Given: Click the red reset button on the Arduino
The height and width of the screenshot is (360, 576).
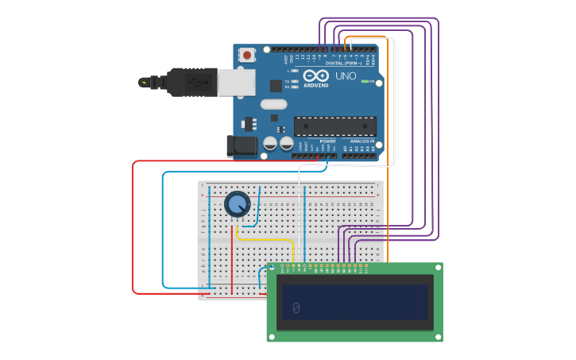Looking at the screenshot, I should [247, 56].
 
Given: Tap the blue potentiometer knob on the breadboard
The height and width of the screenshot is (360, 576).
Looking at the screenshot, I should [237, 203].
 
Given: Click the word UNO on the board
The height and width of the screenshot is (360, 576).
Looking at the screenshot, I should [346, 76].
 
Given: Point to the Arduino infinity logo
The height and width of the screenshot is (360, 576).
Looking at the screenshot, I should [315, 76].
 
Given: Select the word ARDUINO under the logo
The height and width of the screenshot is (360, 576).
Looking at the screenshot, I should [316, 85].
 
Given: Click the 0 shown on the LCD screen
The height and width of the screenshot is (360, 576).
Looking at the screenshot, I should [296, 308].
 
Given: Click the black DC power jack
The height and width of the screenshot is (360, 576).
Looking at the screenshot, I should [242, 145].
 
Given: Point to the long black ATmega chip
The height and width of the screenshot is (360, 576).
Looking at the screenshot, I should [335, 126].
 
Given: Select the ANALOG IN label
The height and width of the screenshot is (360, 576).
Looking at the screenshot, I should [362, 141].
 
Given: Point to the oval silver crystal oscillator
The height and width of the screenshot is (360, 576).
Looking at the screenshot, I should [273, 104].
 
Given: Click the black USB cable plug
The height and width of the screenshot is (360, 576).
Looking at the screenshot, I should [191, 81].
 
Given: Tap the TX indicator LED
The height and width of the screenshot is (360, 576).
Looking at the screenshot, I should [294, 80].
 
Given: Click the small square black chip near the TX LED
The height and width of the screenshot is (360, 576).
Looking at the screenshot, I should [276, 86].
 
